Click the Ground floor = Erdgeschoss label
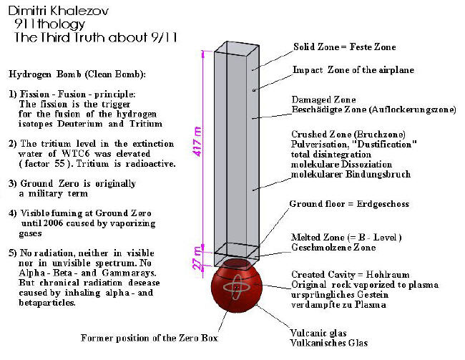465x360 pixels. (348, 204)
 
